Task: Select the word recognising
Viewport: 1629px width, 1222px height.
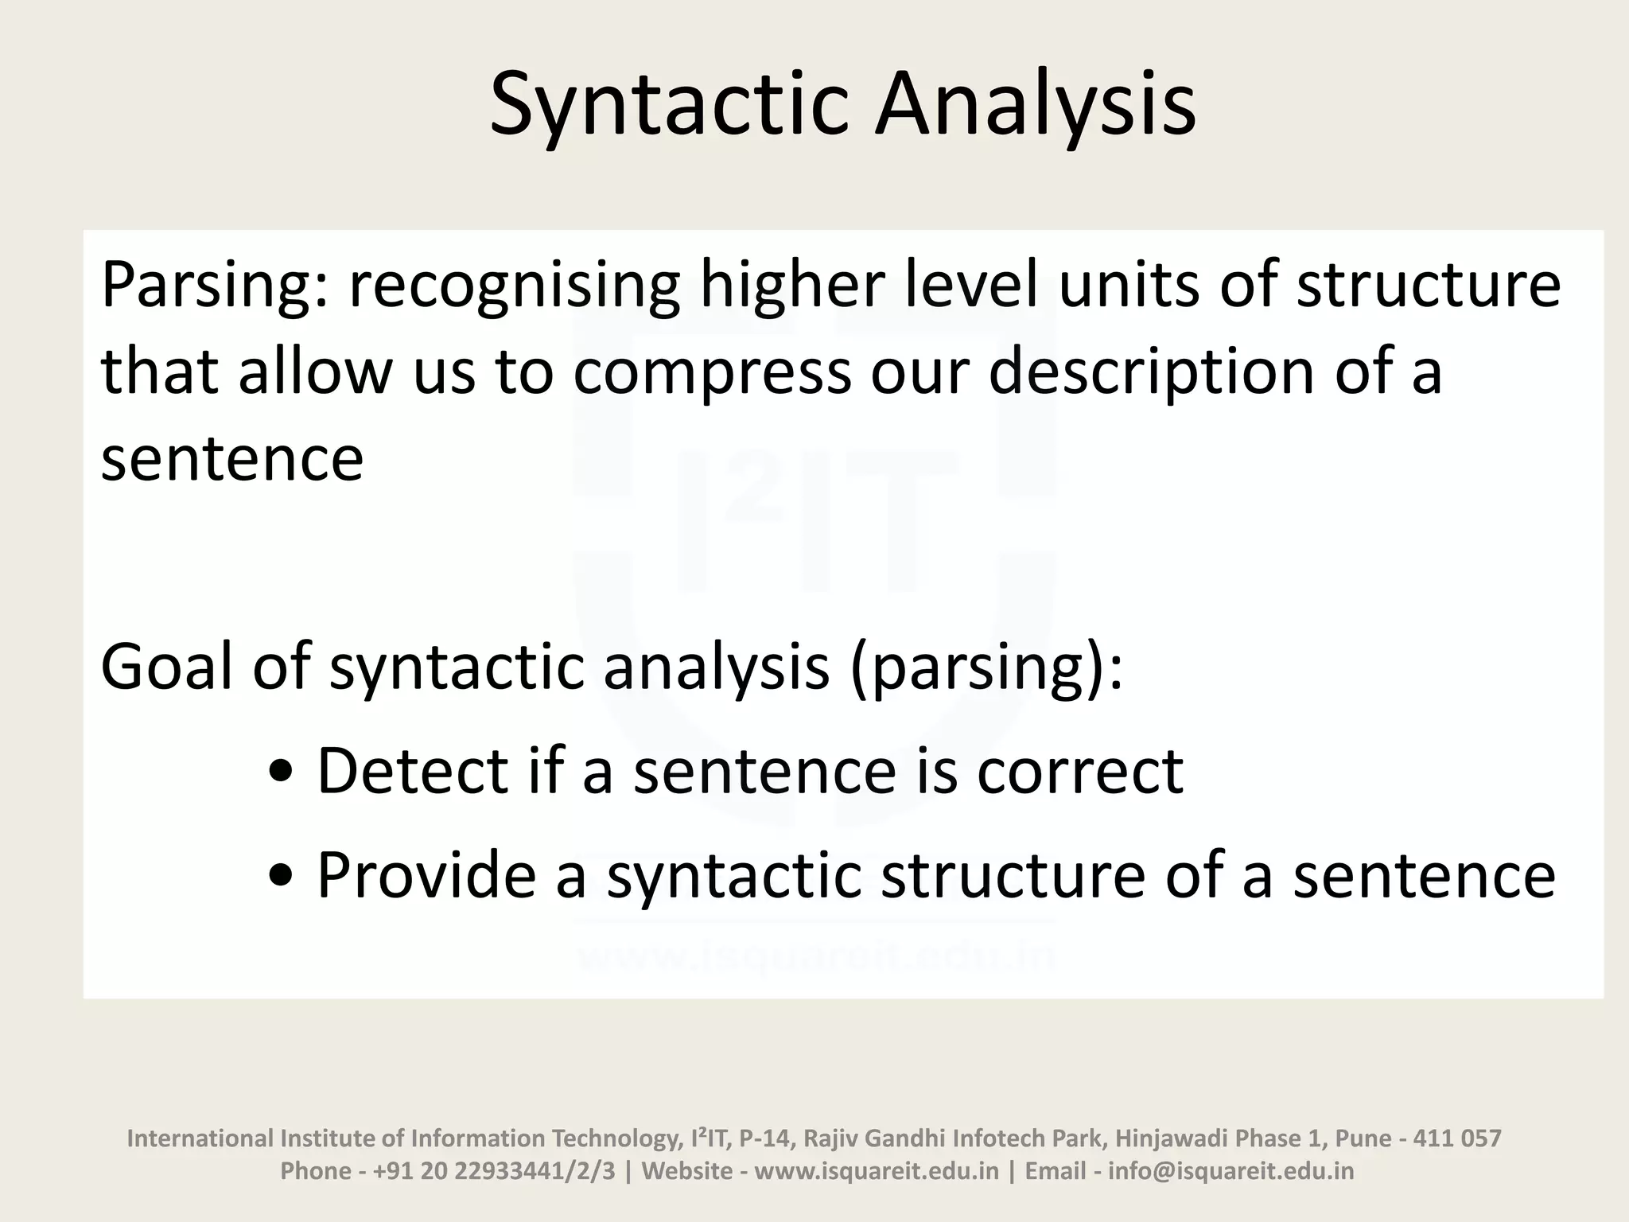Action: tap(514, 286)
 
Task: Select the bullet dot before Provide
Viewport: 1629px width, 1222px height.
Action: tap(280, 877)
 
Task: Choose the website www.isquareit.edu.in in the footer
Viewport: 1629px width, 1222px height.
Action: tap(876, 1171)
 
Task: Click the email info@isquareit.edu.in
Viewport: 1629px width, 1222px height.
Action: tap(1230, 1171)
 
